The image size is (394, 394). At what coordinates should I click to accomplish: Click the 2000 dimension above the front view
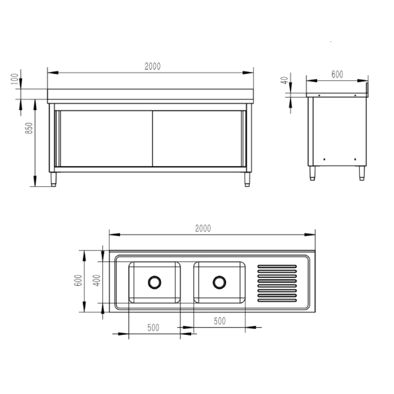(x=153, y=66)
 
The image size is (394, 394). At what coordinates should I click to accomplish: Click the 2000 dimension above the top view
(x=203, y=229)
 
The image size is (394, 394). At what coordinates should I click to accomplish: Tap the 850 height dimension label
(x=29, y=128)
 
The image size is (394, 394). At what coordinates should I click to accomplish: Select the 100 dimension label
(x=15, y=79)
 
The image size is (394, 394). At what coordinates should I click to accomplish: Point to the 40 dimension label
(x=284, y=80)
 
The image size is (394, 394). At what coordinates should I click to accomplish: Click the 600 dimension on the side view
(x=337, y=74)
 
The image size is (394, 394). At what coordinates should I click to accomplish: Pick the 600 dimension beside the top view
(x=78, y=280)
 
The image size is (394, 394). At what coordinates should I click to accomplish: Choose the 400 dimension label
(x=97, y=280)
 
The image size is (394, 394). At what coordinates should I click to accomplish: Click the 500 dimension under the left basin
(x=153, y=328)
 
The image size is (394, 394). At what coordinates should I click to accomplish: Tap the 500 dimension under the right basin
(x=220, y=321)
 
